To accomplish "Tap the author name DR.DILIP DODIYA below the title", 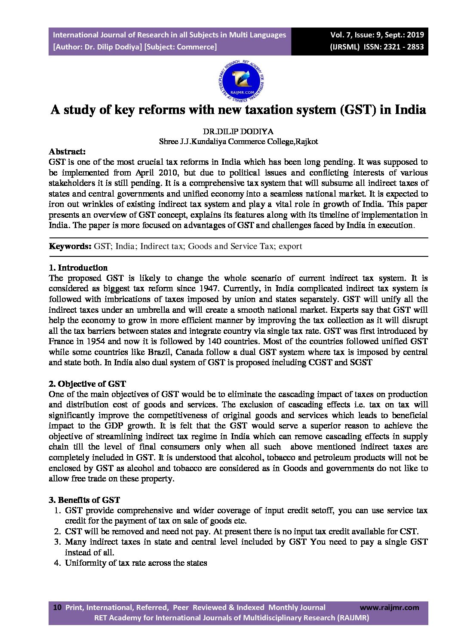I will tap(238, 131).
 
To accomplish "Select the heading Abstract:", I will tap(67, 151).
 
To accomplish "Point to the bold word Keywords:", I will tap(70, 247).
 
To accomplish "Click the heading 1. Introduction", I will tap(78, 268).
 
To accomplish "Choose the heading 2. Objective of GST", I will tap(87, 384).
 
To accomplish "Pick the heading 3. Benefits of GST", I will tap(84, 500).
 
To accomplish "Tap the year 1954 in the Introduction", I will tap(95, 342).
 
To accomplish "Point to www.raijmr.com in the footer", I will tap(389, 607).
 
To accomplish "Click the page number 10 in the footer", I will tap(57, 607).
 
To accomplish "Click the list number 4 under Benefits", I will tap(57, 563).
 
